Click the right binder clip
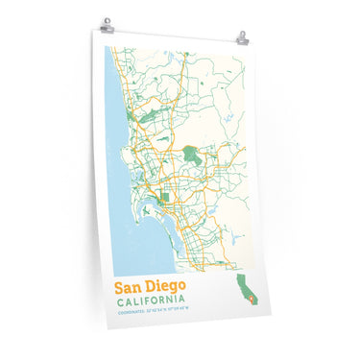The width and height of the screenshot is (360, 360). pyautogui.click(x=243, y=38)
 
